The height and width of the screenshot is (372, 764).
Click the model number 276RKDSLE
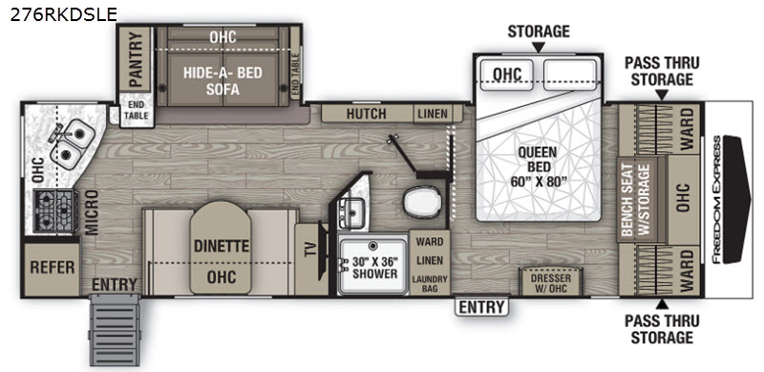point(63,14)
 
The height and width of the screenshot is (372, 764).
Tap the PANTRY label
point(136,58)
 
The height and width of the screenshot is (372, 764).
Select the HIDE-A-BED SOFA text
point(223,81)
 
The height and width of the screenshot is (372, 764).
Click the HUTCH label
point(366,114)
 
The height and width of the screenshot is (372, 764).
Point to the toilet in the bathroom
point(422,201)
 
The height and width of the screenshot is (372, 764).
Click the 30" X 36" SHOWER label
point(374,267)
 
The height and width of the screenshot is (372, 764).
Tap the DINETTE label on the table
point(222,246)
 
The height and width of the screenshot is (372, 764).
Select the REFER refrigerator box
point(53,267)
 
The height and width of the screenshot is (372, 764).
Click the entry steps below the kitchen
point(115,330)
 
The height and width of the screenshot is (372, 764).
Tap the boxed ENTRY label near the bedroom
point(481,307)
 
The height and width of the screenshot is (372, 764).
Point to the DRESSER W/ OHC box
point(551,282)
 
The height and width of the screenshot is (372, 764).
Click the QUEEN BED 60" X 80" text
point(539,166)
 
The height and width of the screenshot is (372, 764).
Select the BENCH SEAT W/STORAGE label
point(636,200)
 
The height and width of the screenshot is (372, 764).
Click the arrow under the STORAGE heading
point(539,48)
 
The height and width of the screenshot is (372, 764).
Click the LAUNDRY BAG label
point(430,284)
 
